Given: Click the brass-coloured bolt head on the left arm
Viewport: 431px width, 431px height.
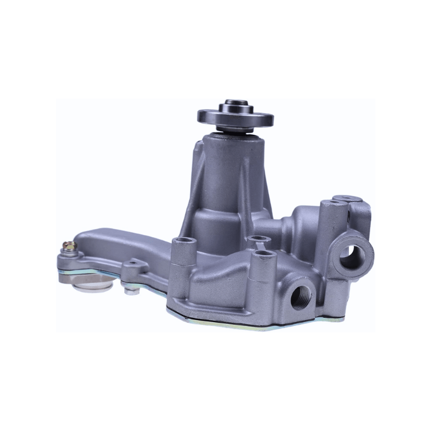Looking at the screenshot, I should point(68,246).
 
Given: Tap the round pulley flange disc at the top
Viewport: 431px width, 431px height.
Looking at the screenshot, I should point(235,116).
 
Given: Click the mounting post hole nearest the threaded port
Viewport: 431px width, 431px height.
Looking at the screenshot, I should point(263,253).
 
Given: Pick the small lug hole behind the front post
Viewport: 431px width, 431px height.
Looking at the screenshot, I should point(255,238).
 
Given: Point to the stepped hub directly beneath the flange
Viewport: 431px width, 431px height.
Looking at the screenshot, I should point(235,129).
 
